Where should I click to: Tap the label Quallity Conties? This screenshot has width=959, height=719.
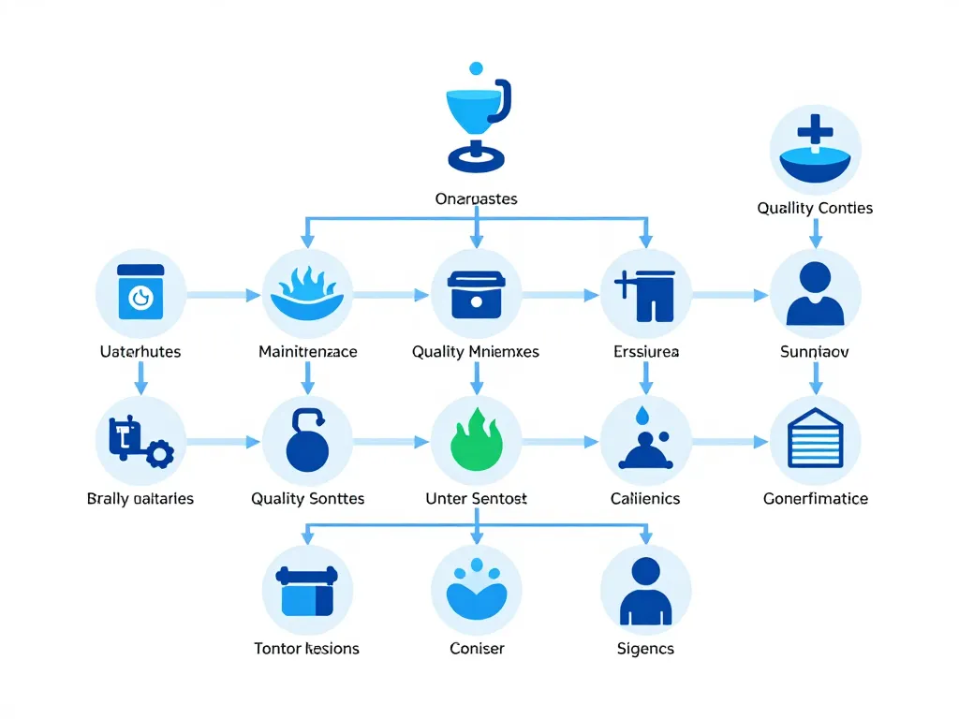pos(815,208)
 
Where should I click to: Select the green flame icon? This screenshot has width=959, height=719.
pos(477,439)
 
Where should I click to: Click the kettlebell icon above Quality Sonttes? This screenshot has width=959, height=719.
pos(308,439)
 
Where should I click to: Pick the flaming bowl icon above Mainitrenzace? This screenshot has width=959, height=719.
pos(308,293)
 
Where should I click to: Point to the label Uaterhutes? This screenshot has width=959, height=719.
pos(140,352)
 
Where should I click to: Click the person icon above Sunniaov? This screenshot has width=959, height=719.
pos(815,293)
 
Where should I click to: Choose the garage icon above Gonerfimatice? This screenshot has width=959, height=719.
pos(815,439)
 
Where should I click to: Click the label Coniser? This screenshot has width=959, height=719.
pos(477,648)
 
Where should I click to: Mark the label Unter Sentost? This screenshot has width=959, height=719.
pos(477,498)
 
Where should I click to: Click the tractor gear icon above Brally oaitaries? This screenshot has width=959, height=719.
pos(140,439)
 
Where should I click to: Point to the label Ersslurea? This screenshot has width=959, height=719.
pos(645,352)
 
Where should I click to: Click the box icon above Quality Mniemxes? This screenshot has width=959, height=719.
pos(477,293)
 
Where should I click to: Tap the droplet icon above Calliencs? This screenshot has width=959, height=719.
pos(645,439)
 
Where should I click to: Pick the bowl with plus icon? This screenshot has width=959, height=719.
pos(815,150)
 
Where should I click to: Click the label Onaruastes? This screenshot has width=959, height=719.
pos(477,198)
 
